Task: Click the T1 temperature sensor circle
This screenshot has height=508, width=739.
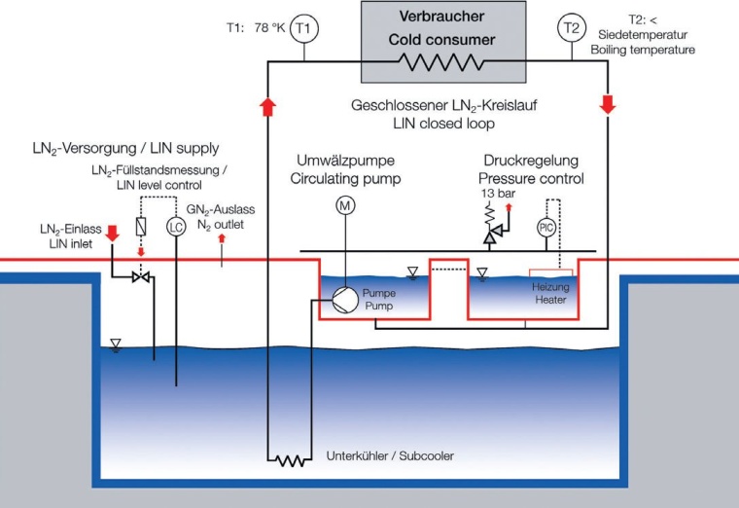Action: click(x=304, y=29)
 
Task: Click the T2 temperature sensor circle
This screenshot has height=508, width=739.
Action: click(x=570, y=29)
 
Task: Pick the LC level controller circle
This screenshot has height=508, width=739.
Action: click(x=175, y=227)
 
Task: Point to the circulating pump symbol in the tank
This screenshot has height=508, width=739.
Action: click(x=342, y=299)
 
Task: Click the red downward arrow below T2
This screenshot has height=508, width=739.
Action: click(x=607, y=102)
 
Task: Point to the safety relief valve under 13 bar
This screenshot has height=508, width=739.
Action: click(x=491, y=232)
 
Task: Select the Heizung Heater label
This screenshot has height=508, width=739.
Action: click(x=549, y=293)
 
